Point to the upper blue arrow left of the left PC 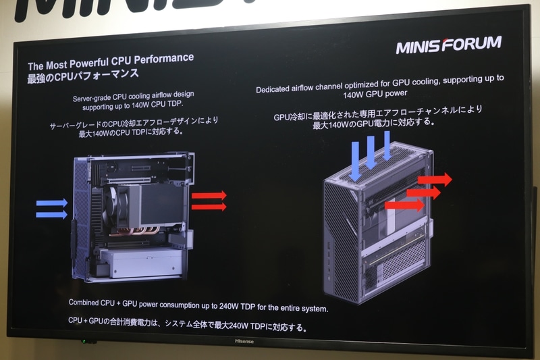pos(52,203)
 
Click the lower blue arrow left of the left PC pos(52,215)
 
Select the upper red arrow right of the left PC pos(209,195)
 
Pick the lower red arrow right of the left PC pos(209,207)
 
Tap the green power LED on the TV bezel pos(84,341)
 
